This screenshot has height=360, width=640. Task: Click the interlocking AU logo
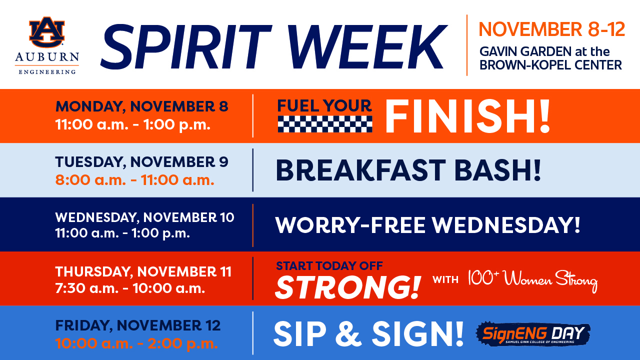[x=47, y=32]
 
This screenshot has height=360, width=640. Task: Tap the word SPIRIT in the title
[x=186, y=47]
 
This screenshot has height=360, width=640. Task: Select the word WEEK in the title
[x=367, y=47]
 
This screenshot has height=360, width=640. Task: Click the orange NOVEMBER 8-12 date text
[x=551, y=29]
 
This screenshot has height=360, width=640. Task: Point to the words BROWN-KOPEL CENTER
[x=550, y=65]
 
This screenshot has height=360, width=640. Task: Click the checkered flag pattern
[x=325, y=124]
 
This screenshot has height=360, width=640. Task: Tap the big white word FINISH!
[x=467, y=116]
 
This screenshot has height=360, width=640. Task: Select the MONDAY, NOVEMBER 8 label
[x=141, y=106]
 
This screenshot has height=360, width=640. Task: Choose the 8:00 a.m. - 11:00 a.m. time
[x=134, y=180]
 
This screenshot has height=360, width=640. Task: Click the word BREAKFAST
[x=360, y=170]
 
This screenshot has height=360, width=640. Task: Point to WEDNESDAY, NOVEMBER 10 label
[x=144, y=217]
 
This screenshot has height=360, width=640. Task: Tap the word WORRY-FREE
[x=350, y=225]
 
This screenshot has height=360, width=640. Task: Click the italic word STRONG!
[x=347, y=287]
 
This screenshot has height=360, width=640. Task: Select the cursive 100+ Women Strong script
[x=533, y=280]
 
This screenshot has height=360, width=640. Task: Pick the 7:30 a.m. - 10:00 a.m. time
[x=130, y=288]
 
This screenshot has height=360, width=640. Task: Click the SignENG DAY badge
[x=533, y=333]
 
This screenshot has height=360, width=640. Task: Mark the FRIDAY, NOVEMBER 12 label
[x=137, y=325]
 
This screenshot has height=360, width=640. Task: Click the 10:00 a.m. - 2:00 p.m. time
[x=136, y=343]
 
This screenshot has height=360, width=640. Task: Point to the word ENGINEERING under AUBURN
[x=47, y=71]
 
